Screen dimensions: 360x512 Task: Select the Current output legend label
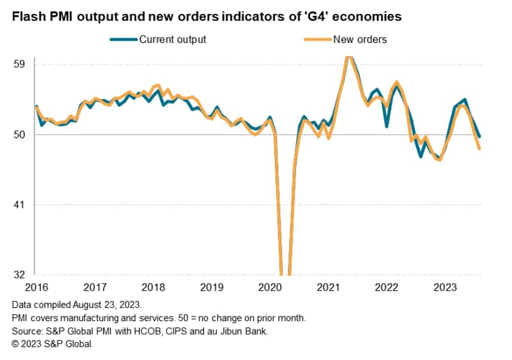pyautogui.click(x=173, y=39)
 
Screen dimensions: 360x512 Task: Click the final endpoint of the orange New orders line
pyautogui.click(x=479, y=148)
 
